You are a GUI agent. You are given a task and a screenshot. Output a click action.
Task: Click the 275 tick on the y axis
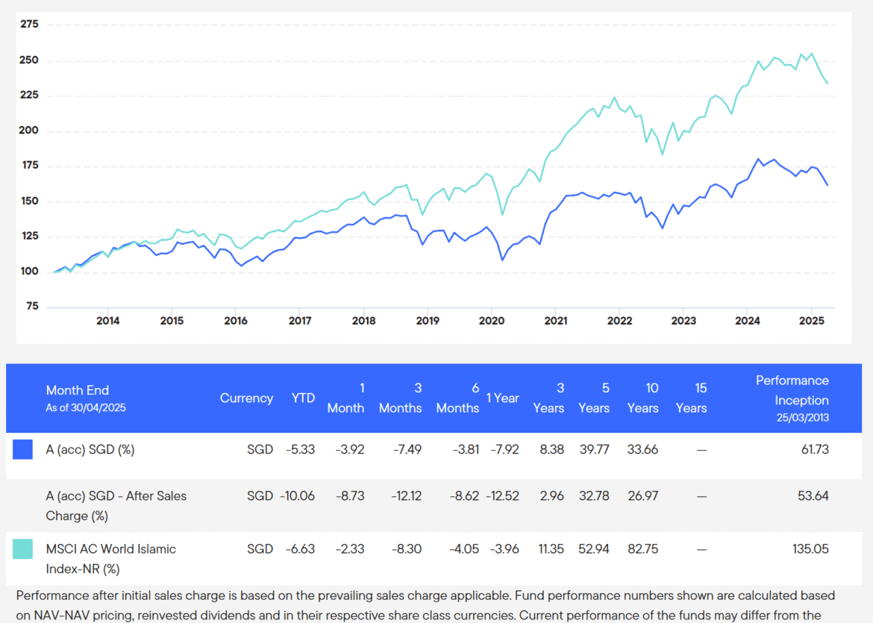[x=30, y=25]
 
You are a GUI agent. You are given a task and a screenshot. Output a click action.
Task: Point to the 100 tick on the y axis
[x=30, y=272]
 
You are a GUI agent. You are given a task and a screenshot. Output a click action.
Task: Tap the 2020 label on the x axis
[x=492, y=321]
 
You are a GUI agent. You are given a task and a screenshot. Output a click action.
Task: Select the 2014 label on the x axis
[x=107, y=321]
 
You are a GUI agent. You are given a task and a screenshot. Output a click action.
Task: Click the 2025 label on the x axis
[x=811, y=321]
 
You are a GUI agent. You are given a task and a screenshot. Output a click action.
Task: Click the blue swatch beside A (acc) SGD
[x=22, y=449]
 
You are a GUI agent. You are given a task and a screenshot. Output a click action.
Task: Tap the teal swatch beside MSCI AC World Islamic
[x=22, y=549]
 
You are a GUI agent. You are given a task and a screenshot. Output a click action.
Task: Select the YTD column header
[x=303, y=398]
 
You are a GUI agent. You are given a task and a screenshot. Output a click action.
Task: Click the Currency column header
[x=246, y=398]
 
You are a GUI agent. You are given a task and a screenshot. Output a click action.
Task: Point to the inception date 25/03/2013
[x=801, y=418]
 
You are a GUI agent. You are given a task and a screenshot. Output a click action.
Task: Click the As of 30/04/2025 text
[x=87, y=408]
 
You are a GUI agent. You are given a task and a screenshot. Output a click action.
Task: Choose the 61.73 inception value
[x=813, y=449]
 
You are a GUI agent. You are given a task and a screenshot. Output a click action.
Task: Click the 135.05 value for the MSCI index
[x=810, y=549]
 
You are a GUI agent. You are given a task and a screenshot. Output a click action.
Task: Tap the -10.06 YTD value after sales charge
[x=297, y=496]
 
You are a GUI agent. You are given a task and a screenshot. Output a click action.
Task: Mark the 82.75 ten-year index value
[x=642, y=549]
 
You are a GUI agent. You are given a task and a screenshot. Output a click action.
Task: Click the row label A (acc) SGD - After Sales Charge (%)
[x=116, y=506]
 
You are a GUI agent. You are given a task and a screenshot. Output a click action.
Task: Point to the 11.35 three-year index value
[x=548, y=549]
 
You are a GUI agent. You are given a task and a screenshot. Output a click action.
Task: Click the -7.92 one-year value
[x=504, y=449]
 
